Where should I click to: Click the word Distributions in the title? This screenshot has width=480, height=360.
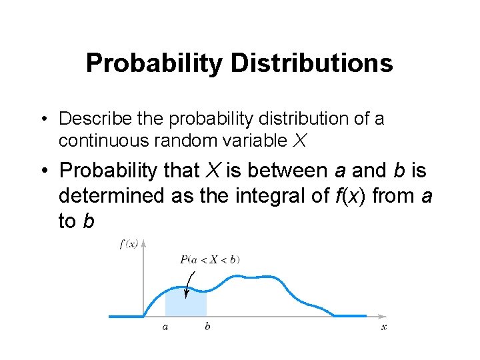coord(311,63)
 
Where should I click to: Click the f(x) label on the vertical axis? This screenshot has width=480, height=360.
coord(128,244)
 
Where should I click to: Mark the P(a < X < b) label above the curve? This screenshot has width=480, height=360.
coord(209,259)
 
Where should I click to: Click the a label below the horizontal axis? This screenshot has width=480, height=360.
coord(165,327)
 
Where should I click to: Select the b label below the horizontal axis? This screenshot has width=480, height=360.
coord(207,327)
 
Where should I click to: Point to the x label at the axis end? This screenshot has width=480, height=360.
coord(384,327)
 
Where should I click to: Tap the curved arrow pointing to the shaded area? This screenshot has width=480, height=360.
coord(189,282)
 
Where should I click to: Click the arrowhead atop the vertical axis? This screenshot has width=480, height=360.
coord(144,243)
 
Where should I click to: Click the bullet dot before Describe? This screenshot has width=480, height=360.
coord(43,119)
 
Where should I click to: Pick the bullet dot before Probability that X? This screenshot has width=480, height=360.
coord(43,171)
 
